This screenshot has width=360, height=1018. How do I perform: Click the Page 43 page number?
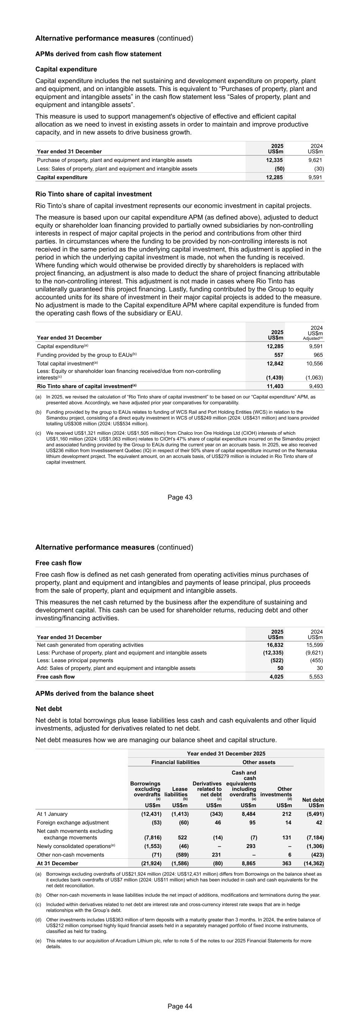click(180, 497)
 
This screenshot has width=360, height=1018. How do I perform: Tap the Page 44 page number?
click(180, 1006)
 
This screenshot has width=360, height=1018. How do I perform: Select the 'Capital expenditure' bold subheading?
click(66, 69)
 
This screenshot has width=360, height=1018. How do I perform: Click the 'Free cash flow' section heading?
click(59, 563)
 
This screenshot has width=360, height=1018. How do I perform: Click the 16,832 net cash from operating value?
click(275, 645)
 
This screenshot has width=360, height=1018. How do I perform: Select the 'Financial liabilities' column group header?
click(176, 762)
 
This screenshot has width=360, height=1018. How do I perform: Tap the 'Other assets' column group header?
click(259, 762)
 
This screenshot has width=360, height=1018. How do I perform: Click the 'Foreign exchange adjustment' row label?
click(73, 822)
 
